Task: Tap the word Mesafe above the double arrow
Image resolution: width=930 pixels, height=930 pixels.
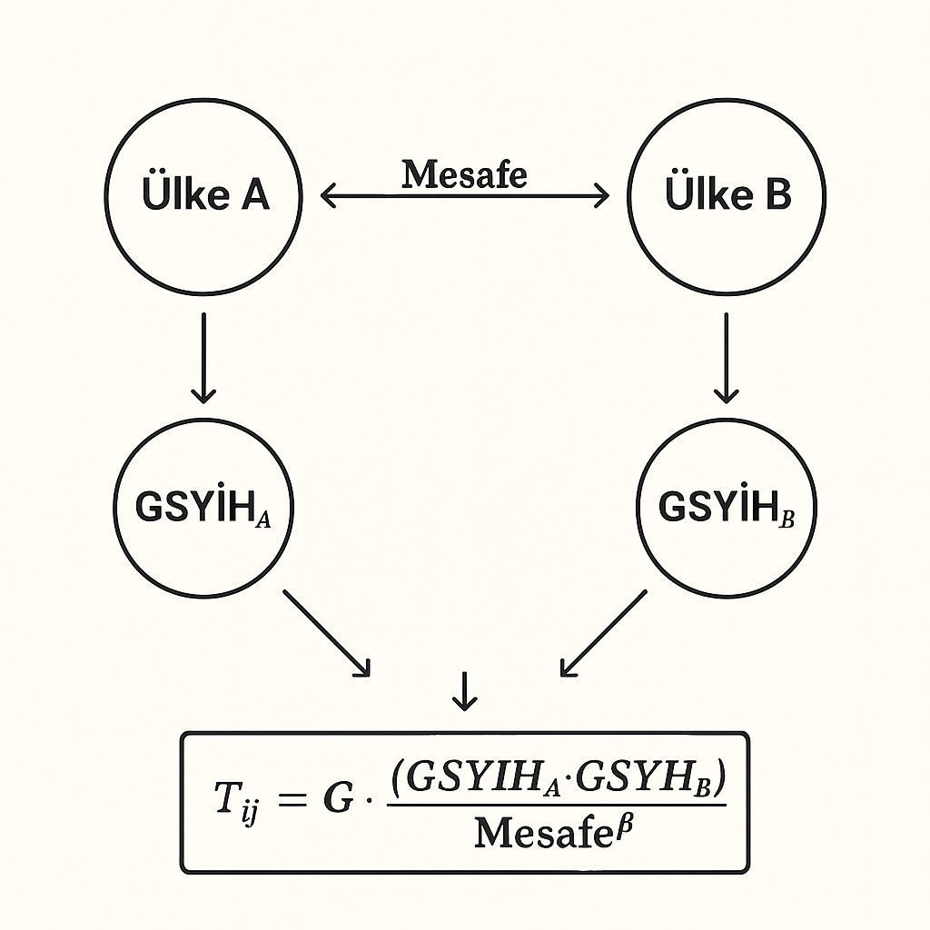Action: point(464,173)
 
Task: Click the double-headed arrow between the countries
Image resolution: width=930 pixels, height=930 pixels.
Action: point(465,195)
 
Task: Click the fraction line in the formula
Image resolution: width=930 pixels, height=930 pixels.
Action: point(556,804)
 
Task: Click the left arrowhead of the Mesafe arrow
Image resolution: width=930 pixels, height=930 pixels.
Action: point(328,195)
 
